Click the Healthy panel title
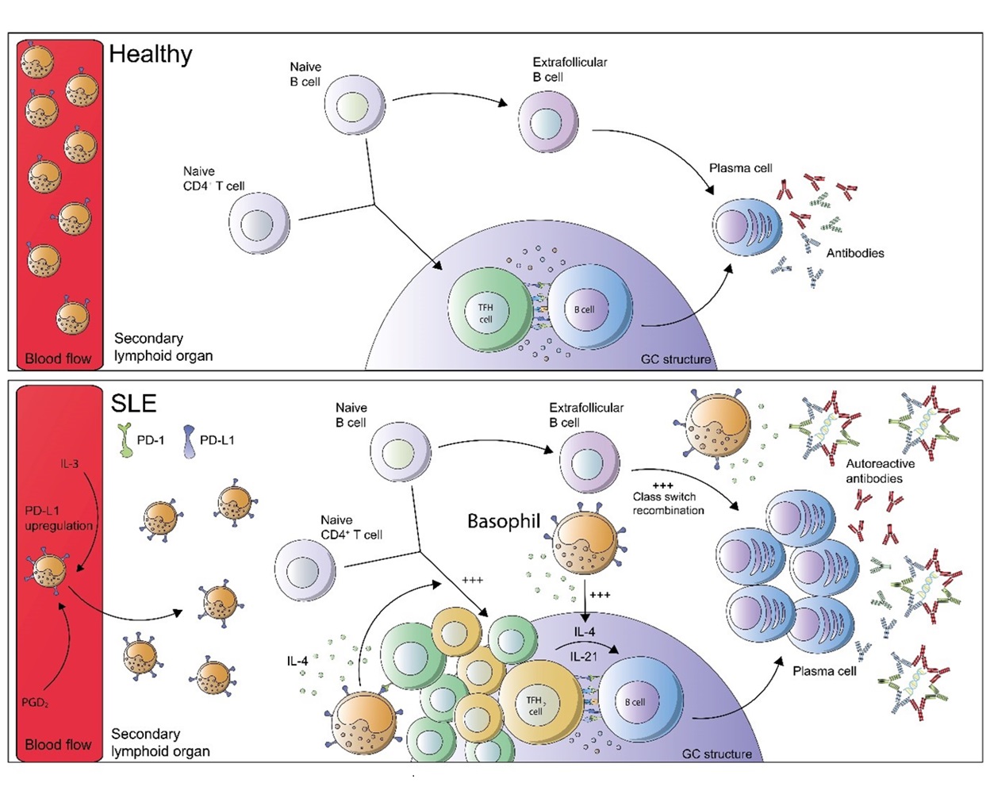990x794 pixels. point(151,54)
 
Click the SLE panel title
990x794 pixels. point(133,403)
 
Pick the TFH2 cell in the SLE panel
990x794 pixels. point(536,705)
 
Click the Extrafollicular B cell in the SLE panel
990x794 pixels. point(589,463)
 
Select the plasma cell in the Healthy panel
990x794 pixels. point(746,227)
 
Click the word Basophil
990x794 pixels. point(504,521)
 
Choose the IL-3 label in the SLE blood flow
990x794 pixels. point(70,463)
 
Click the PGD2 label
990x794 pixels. point(36,702)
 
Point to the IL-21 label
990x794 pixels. point(584,657)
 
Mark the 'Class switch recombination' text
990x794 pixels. point(668,503)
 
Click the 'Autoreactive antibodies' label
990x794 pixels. point(880,471)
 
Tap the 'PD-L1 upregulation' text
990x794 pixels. point(59,518)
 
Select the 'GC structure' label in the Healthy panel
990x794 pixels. point(676,359)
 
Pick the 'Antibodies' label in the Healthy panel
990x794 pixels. point(855,253)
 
